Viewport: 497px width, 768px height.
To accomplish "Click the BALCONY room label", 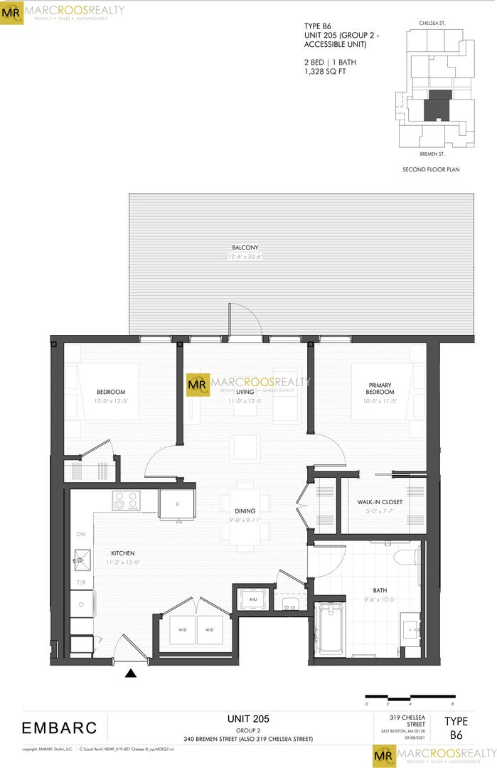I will [245, 247].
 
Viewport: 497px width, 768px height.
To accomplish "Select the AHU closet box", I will [252, 599].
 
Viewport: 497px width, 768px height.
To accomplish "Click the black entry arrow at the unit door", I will [131, 673].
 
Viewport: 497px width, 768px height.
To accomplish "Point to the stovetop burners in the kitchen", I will [126, 501].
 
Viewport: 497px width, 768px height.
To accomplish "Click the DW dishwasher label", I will [80, 534].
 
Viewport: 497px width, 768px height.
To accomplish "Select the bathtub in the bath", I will [331, 629].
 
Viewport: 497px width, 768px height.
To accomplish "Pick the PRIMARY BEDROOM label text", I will [380, 388].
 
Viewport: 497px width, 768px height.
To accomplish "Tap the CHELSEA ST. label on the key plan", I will [432, 23].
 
